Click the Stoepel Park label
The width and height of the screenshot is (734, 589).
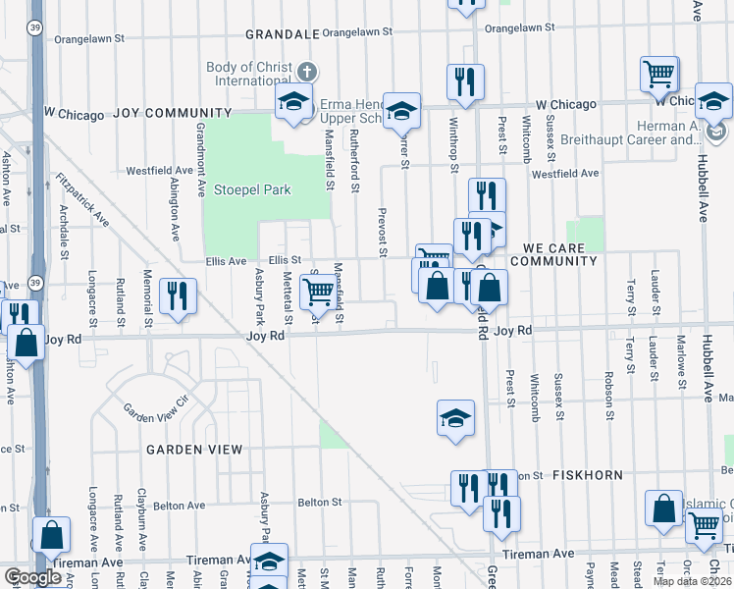(253, 189)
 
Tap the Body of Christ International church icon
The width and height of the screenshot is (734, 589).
(307, 72)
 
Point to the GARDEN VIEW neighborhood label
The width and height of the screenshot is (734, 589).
(194, 450)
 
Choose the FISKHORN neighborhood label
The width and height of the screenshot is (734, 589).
(587, 475)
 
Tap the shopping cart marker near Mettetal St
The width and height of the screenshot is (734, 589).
(318, 292)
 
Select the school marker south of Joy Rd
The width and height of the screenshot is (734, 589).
(455, 418)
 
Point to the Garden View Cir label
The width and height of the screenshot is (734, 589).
(154, 410)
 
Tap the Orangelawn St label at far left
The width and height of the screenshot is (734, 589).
(92, 39)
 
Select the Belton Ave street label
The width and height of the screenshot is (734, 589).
(180, 506)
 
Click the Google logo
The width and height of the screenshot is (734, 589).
(33, 577)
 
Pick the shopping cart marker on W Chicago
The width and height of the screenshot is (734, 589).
(659, 74)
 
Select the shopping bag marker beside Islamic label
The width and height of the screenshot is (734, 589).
(663, 509)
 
